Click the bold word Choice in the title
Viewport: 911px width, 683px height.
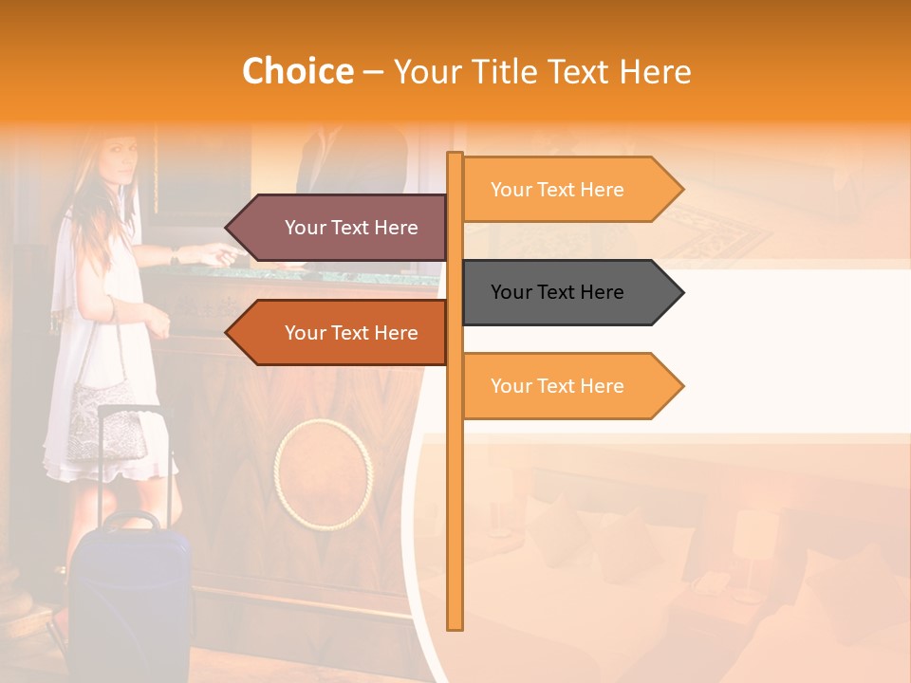pyautogui.click(x=297, y=72)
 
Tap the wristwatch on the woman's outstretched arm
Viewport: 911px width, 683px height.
pyautogui.click(x=176, y=254)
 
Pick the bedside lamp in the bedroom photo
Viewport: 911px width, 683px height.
pyautogui.click(x=750, y=550)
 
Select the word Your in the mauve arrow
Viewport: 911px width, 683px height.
pyautogui.click(x=305, y=228)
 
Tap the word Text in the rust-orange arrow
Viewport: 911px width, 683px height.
pyautogui.click(x=351, y=333)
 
